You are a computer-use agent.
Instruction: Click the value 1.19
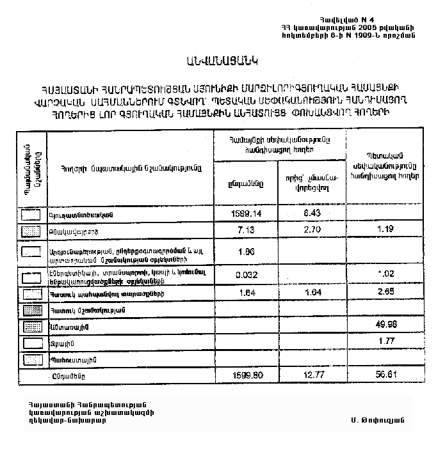pyautogui.click(x=384, y=228)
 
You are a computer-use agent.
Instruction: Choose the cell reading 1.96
pyautogui.click(x=246, y=251)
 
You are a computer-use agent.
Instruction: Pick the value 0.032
pyautogui.click(x=246, y=276)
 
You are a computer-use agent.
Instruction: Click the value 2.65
pyautogui.click(x=384, y=293)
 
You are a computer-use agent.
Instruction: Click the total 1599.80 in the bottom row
pyautogui.click(x=246, y=375)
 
